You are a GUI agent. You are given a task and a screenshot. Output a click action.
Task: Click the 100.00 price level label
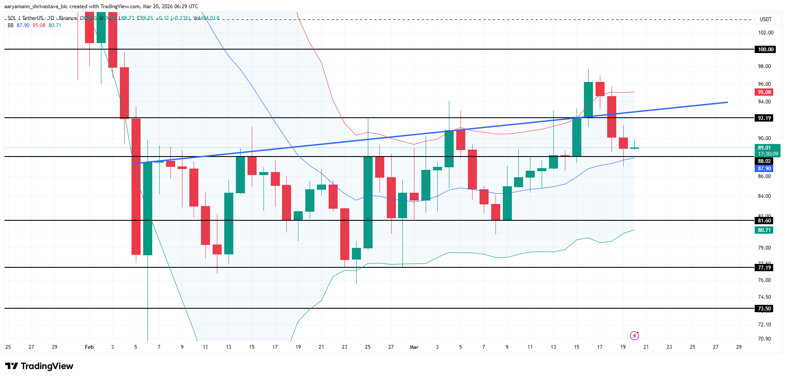tap(765, 50)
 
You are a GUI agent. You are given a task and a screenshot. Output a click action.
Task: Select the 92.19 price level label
tap(764, 118)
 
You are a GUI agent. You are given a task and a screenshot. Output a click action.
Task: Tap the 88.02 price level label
tap(764, 161)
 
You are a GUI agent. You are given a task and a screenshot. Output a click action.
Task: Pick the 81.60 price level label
tap(764, 221)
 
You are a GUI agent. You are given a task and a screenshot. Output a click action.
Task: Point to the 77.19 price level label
tap(764, 268)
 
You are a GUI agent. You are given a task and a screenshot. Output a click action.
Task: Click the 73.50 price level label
tap(764, 309)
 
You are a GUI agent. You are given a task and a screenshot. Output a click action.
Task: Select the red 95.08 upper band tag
tap(764, 92)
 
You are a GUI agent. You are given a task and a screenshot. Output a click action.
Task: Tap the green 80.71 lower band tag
tap(764, 230)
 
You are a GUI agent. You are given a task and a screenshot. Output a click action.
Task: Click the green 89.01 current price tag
tap(767, 150)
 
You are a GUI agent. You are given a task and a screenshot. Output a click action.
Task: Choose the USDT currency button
tap(765, 19)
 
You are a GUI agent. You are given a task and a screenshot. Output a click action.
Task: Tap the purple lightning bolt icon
tap(634, 335)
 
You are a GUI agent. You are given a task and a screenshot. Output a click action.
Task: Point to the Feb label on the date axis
tap(89, 347)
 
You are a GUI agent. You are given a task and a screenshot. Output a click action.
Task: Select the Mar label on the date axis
tap(414, 347)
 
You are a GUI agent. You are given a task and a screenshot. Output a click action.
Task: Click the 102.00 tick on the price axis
tap(765, 33)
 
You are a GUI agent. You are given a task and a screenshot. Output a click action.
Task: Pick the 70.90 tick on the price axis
tap(764, 339)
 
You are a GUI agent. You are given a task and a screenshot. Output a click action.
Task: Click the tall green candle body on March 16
tap(588, 99)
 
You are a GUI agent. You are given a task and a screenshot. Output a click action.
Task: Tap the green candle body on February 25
tap(368, 202)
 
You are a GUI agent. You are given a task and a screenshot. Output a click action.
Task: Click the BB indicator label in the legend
tap(11, 25)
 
